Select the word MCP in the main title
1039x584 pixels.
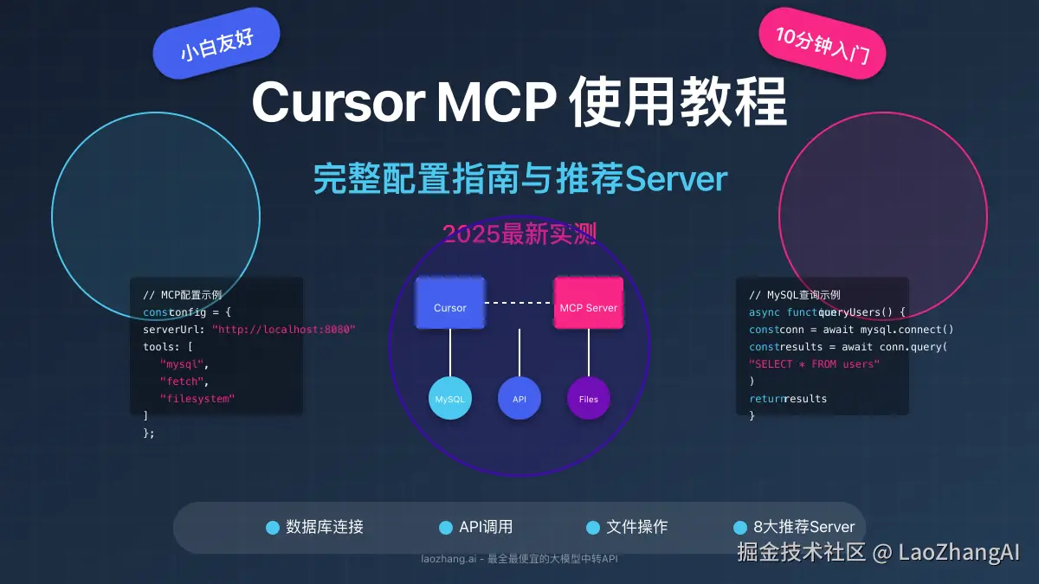pos(496,103)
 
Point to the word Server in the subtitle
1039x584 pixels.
pos(675,179)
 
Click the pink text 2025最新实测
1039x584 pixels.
pos(519,234)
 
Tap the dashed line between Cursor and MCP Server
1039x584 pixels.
pos(519,303)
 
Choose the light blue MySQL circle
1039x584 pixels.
pos(449,399)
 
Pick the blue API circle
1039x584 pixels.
pos(519,399)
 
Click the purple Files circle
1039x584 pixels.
pos(588,399)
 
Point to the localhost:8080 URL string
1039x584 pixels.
pos(284,330)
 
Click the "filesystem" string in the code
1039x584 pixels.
pos(197,399)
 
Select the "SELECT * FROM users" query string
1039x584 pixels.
pos(814,364)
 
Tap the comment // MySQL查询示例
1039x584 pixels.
pos(794,295)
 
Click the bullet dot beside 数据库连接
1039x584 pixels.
pos(273,528)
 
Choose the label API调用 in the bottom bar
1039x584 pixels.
pos(486,527)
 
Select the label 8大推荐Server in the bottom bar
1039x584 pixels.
pos(803,527)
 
